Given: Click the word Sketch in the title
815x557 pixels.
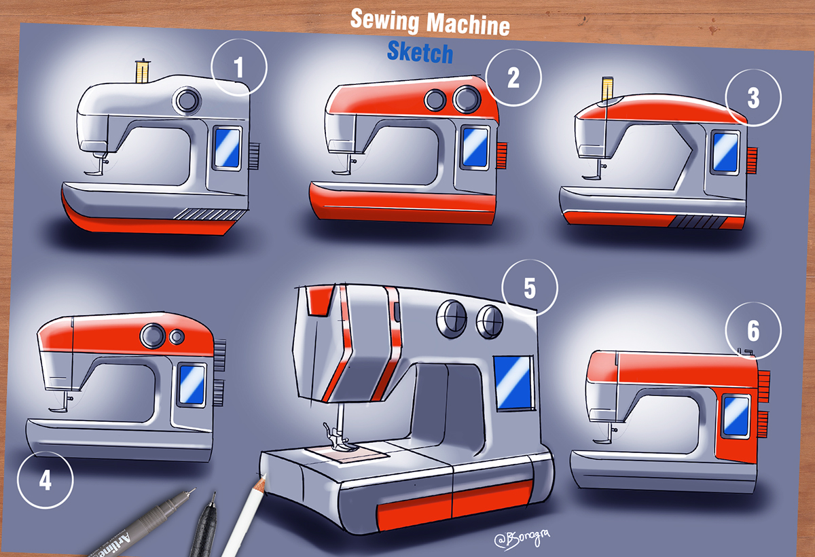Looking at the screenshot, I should click(420, 52).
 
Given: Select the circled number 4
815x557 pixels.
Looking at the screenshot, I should click(45, 480).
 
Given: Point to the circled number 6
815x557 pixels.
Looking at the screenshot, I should click(753, 331).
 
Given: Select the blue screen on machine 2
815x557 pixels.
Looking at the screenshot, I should click(475, 147).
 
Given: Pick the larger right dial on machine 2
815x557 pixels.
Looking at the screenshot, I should click(466, 100).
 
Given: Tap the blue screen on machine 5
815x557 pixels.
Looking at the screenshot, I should click(513, 383).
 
